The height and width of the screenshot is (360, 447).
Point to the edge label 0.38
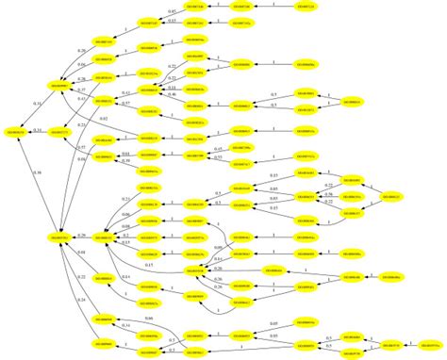point(37,173)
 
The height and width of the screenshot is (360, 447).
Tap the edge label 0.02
point(105,117)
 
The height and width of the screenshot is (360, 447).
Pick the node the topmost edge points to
point(243,8)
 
